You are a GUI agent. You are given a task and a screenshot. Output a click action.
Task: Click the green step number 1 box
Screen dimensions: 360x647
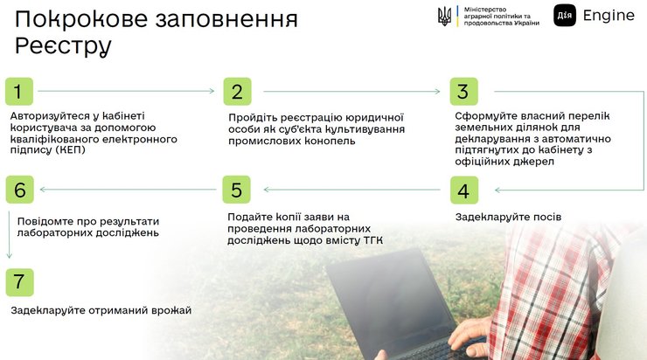[19, 91]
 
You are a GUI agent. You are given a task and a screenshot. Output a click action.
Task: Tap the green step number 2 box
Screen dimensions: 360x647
[237, 91]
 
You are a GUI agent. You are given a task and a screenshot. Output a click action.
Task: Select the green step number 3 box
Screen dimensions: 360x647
[464, 91]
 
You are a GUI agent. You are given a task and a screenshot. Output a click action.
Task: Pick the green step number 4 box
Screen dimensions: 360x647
[464, 190]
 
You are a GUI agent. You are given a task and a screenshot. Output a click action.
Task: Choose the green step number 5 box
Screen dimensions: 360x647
[236, 190]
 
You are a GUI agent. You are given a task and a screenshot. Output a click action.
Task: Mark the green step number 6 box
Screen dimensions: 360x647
[19, 190]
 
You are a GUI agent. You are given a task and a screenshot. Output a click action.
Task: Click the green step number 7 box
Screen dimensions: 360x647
[19, 282]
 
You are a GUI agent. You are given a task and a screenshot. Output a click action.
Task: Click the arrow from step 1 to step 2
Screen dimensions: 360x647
[126, 91]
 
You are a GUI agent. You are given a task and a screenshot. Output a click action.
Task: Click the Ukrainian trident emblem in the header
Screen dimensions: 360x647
[445, 16]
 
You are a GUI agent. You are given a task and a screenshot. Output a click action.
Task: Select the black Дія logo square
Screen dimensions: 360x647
[565, 15]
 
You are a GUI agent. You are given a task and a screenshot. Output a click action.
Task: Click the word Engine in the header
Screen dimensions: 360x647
[609, 16]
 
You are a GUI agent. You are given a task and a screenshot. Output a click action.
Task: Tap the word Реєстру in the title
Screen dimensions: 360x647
[63, 46]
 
